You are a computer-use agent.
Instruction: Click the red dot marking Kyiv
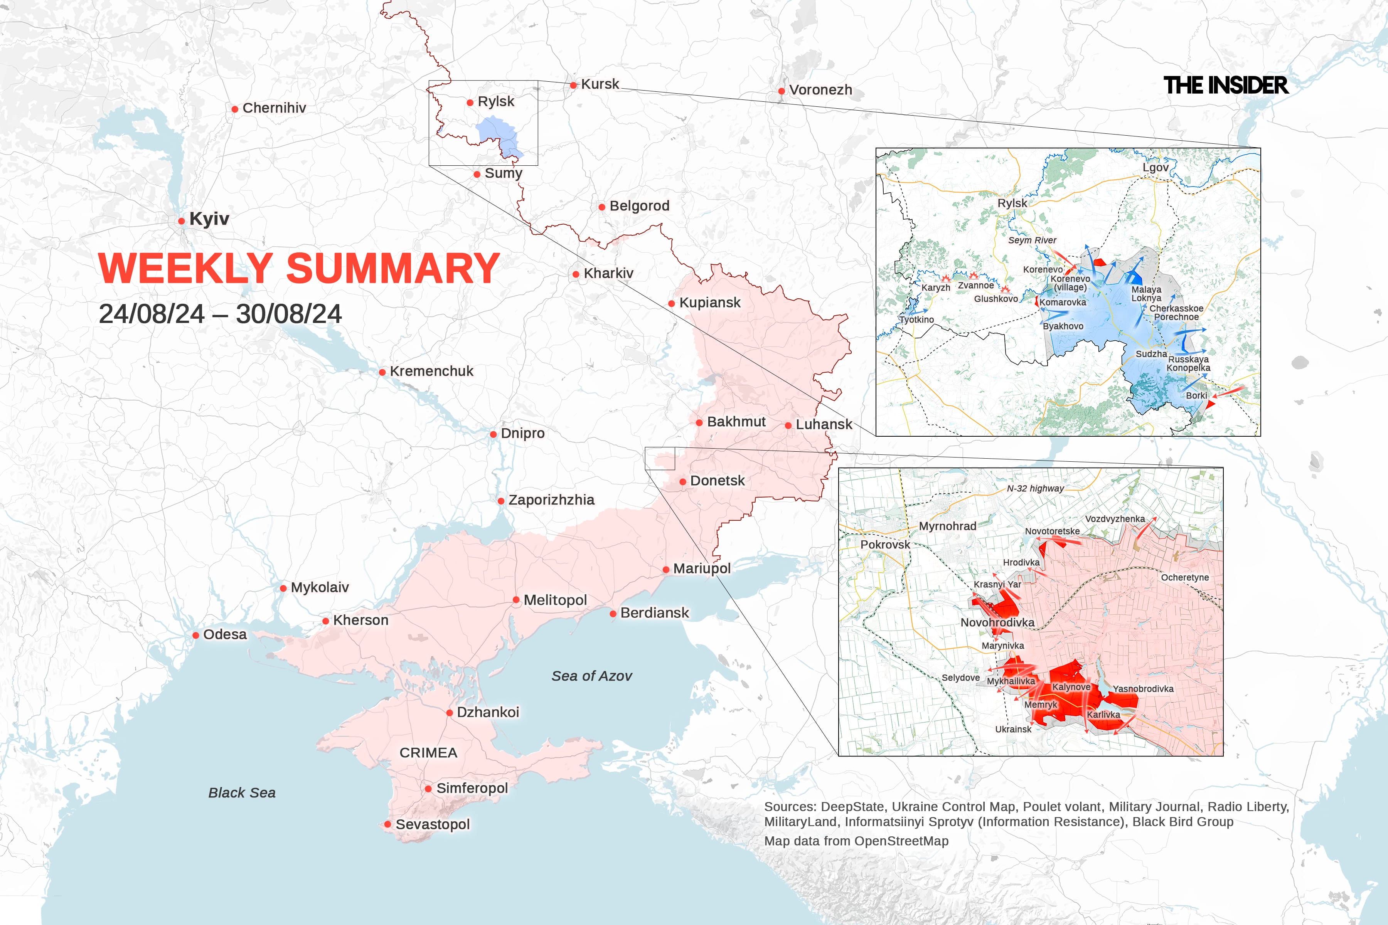tap(181, 221)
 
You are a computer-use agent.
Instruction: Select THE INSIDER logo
tap(1225, 86)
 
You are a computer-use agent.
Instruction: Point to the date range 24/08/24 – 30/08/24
tap(220, 314)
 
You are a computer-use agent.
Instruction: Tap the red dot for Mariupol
tap(666, 569)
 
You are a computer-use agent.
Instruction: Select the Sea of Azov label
tap(591, 676)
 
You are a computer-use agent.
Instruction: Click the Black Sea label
tap(242, 793)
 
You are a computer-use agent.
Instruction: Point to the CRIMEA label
tap(428, 753)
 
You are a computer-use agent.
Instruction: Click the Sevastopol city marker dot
tap(387, 824)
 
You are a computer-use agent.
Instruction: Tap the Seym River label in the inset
tap(1032, 240)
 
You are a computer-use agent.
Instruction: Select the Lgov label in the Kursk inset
tap(1155, 168)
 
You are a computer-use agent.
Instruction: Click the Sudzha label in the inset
tap(1151, 354)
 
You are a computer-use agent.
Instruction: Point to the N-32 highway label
tap(1035, 488)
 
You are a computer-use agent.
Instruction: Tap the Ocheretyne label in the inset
tap(1184, 577)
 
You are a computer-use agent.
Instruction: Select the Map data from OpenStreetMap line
tap(856, 841)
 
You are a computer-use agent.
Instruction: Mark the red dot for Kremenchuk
tap(382, 372)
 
